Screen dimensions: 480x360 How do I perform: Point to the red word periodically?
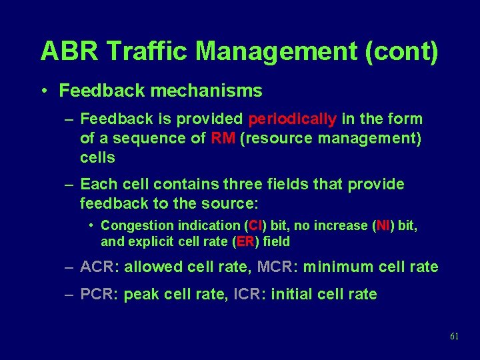tap(292, 119)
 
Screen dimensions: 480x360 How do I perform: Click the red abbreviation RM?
tap(221, 139)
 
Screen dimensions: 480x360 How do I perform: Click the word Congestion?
tap(137, 226)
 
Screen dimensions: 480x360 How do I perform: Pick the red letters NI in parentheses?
tap(383, 226)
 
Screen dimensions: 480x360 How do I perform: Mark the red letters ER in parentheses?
tap(245, 242)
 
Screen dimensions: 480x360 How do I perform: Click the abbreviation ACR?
tap(99, 267)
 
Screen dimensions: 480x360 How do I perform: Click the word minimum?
tap(338, 267)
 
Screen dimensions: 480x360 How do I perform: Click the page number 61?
tap(454, 337)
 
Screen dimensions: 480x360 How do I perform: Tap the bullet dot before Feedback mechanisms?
tap(45, 91)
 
